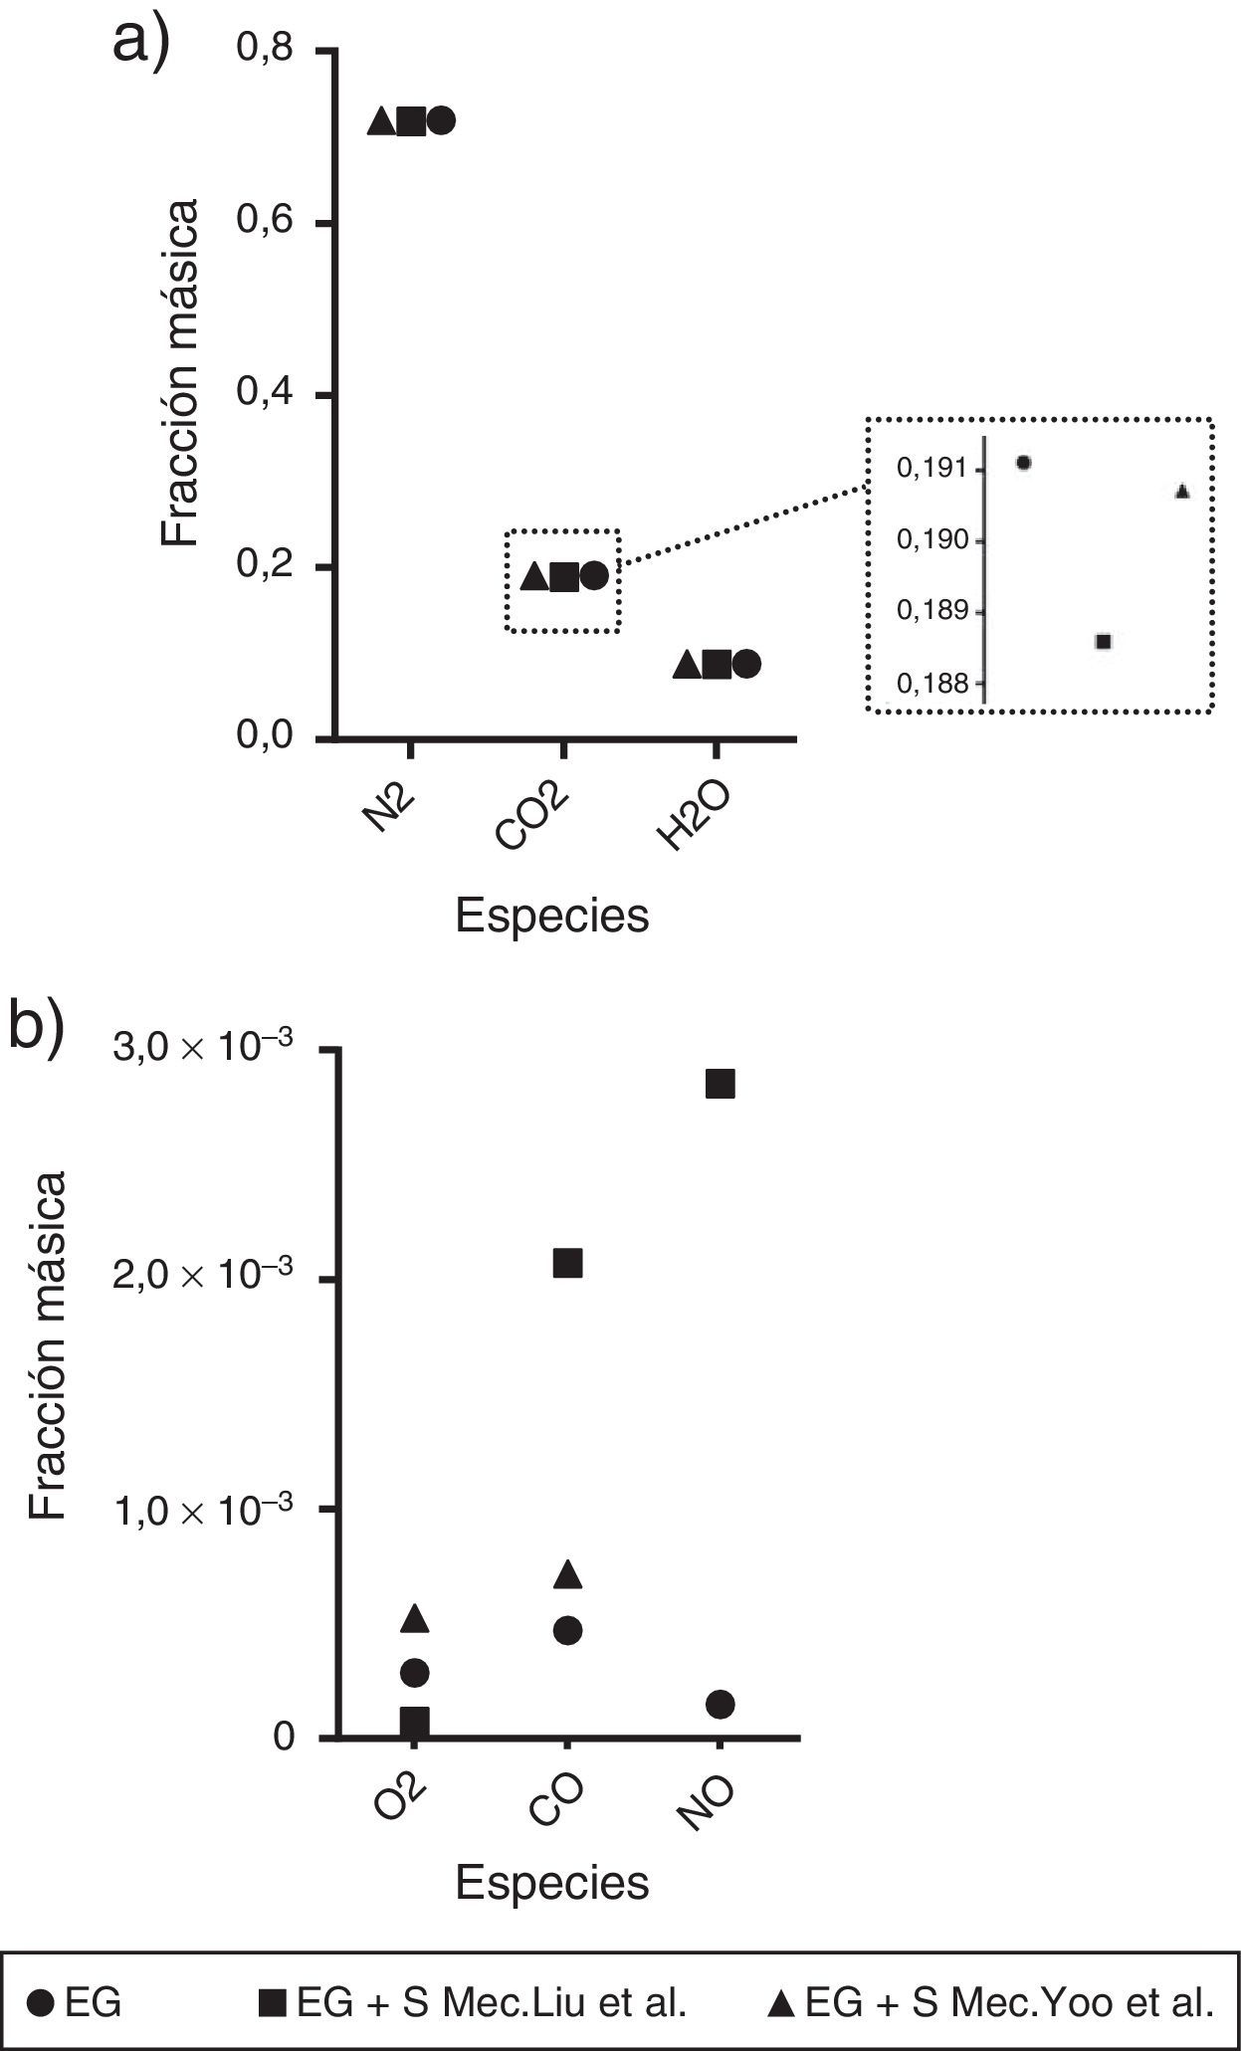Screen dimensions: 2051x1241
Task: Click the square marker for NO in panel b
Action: pos(720,1084)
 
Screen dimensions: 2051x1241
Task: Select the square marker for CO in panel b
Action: pos(566,1263)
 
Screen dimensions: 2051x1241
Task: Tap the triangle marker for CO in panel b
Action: pos(567,1573)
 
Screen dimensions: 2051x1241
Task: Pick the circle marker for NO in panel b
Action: pos(720,1704)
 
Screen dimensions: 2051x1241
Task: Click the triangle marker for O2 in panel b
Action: pos(415,1618)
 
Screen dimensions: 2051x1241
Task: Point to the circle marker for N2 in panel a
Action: pos(441,121)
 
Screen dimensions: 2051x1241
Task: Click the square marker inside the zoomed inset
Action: pos(1103,641)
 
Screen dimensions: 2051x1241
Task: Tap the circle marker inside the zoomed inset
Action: pos(1023,462)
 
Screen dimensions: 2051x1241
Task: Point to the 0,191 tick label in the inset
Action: pos(931,468)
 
